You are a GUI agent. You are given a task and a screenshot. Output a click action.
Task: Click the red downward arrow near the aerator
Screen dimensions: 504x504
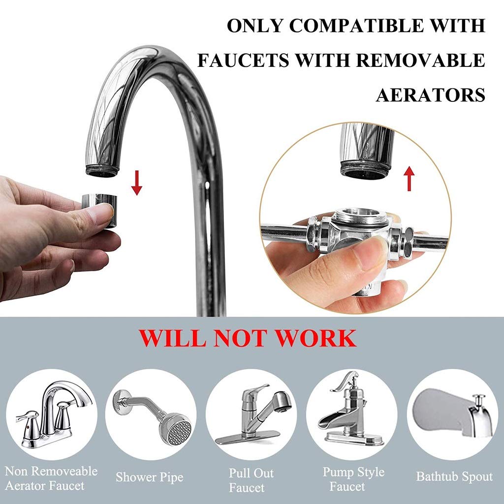137,183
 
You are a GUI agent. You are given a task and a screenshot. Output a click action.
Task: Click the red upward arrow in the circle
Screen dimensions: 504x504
409,178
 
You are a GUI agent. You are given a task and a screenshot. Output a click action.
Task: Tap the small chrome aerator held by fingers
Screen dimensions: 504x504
99,210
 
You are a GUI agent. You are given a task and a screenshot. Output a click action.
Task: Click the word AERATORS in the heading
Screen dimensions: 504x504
430,95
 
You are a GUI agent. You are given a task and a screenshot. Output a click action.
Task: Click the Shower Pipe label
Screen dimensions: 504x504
150,477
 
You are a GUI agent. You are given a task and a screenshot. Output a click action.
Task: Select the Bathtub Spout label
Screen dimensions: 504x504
454,476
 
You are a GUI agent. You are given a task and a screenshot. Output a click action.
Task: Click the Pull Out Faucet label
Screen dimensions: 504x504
251,480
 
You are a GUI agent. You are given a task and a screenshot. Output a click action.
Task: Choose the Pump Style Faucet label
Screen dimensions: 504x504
353,479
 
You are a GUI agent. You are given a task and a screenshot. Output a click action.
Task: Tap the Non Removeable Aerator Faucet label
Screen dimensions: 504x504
51,478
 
